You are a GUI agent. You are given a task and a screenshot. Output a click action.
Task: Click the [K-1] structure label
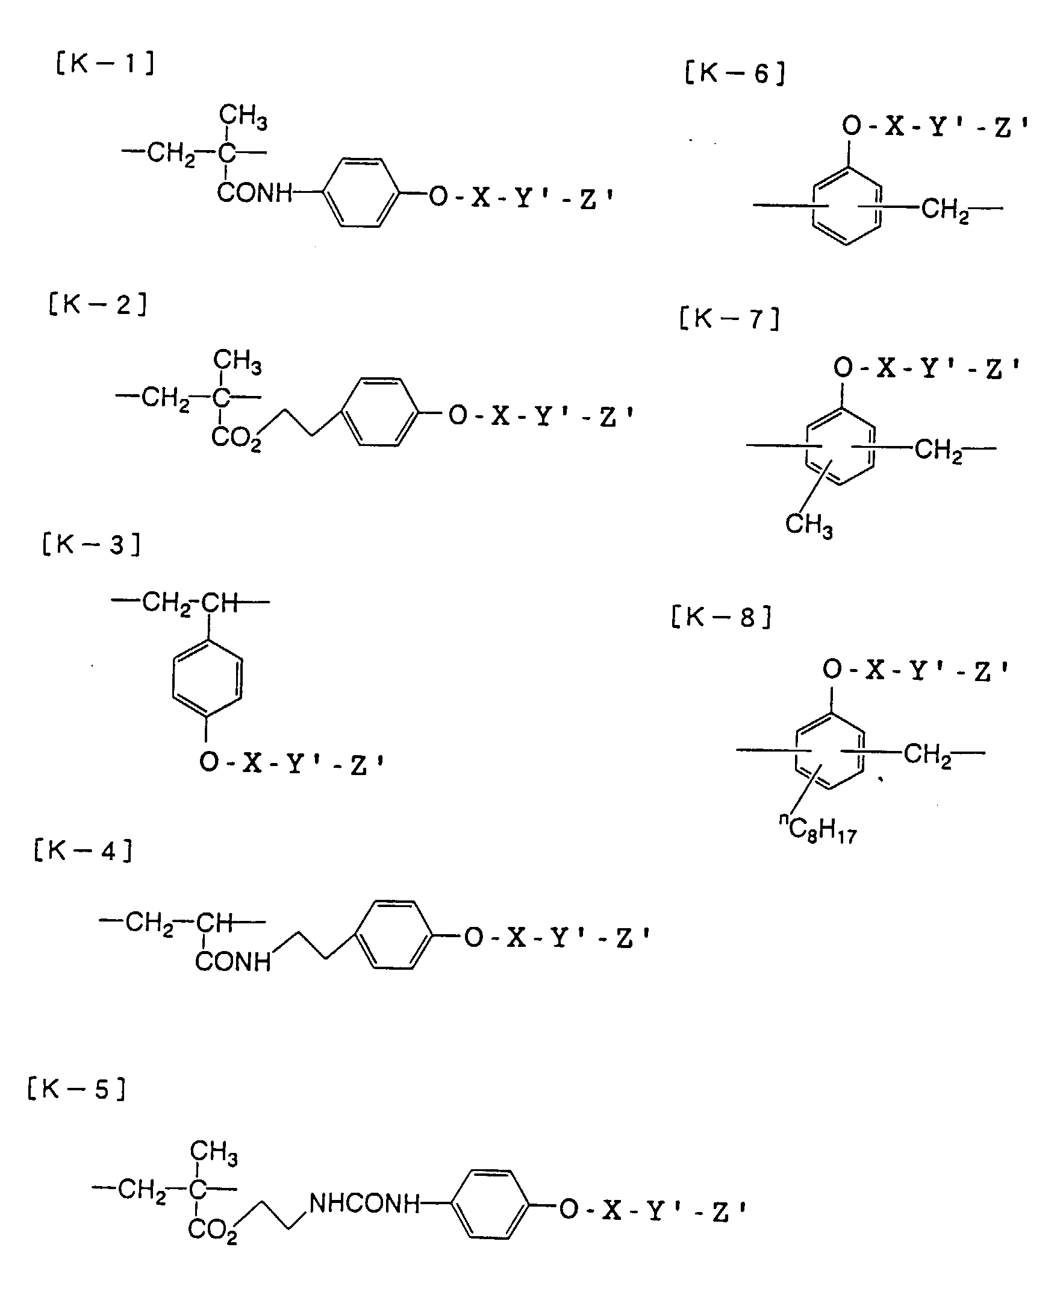click(x=105, y=63)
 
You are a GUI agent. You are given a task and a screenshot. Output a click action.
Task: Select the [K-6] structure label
click(x=735, y=74)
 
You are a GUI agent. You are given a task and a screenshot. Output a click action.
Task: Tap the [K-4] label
click(x=83, y=851)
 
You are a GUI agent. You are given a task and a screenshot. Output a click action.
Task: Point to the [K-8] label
click(x=721, y=617)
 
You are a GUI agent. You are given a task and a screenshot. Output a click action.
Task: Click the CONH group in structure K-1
click(x=255, y=193)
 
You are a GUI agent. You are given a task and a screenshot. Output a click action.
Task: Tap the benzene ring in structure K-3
click(x=208, y=678)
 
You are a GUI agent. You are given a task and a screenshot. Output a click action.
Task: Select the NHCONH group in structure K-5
click(x=365, y=1204)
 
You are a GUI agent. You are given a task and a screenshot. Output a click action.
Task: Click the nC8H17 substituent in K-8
click(x=818, y=829)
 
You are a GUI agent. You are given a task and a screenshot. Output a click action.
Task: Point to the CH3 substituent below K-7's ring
click(x=808, y=524)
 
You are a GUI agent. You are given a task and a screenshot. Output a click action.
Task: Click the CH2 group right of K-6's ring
click(x=944, y=210)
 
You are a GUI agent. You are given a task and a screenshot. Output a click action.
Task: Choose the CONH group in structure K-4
click(x=232, y=963)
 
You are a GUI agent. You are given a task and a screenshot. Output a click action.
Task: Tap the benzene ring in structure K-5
click(x=490, y=1204)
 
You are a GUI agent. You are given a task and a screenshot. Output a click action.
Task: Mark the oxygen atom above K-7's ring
click(x=843, y=368)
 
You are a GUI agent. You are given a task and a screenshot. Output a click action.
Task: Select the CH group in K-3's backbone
click(x=219, y=603)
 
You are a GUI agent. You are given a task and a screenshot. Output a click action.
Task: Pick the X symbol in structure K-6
click(x=894, y=127)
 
